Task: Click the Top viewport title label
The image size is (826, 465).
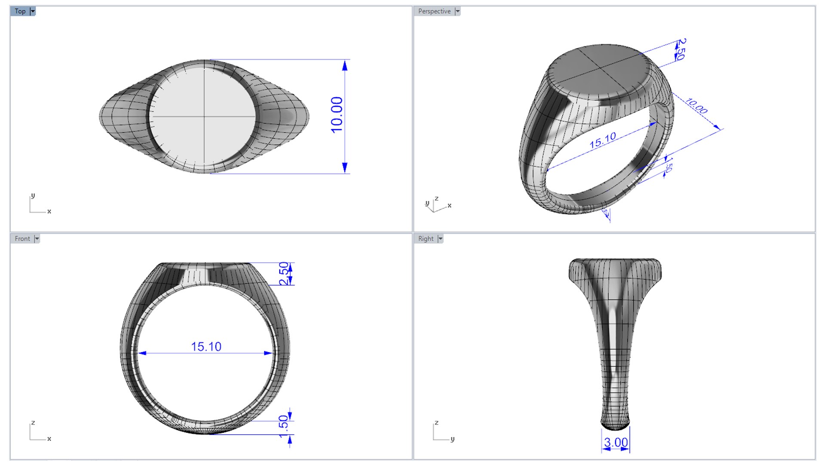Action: pyautogui.click(x=20, y=11)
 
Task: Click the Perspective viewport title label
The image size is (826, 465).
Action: pyautogui.click(x=434, y=11)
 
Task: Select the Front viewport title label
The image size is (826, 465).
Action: pyautogui.click(x=22, y=239)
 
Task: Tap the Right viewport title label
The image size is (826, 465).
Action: pyautogui.click(x=425, y=239)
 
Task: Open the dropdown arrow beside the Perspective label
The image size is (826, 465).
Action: pyautogui.click(x=458, y=11)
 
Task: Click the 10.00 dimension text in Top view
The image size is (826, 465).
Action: pyautogui.click(x=337, y=115)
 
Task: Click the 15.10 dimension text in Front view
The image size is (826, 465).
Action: pyautogui.click(x=206, y=347)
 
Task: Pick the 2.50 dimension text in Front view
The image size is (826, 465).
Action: pyautogui.click(x=284, y=274)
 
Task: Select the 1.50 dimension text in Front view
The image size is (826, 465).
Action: pyautogui.click(x=283, y=426)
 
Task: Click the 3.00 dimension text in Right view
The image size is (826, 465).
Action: pyautogui.click(x=616, y=442)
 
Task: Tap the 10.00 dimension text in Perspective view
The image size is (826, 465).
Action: pyautogui.click(x=697, y=106)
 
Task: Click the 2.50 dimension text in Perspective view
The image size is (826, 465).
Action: pyautogui.click(x=681, y=49)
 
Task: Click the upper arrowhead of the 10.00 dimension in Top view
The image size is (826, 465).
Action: pyautogui.click(x=345, y=65)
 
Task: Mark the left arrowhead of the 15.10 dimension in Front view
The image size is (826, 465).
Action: pyautogui.click(x=142, y=353)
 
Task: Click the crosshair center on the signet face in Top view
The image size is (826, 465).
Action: pyautogui.click(x=204, y=116)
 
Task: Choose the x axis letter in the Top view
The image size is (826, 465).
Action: pyautogui.click(x=49, y=211)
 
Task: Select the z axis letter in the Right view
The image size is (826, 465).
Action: pyautogui.click(x=437, y=422)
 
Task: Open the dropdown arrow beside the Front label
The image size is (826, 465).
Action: pyautogui.click(x=37, y=239)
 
